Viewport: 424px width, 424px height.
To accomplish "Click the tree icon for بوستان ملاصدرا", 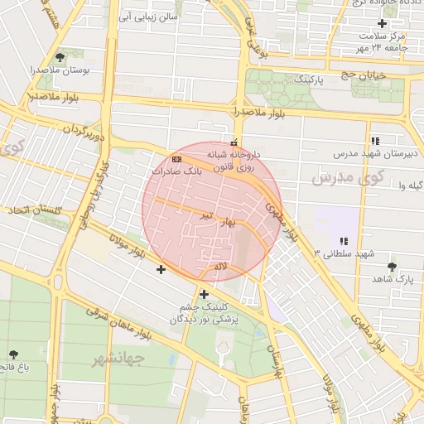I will pyautogui.click(x=60, y=57).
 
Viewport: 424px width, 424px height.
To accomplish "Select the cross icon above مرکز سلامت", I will pyautogui.click(x=381, y=23).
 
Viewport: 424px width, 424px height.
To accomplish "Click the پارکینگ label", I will pyautogui.click(x=294, y=79).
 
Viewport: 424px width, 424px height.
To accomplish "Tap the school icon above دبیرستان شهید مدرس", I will pyautogui.click(x=375, y=140).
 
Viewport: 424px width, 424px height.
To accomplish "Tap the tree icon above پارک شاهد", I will pyautogui.click(x=391, y=267).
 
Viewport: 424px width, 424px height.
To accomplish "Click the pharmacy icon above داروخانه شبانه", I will pyautogui.click(x=234, y=142).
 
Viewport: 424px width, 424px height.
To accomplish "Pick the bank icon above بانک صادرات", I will pyautogui.click(x=176, y=157).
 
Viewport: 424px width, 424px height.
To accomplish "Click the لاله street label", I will pyautogui.click(x=219, y=266).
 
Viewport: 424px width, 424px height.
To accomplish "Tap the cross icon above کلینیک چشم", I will pyautogui.click(x=204, y=293).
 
